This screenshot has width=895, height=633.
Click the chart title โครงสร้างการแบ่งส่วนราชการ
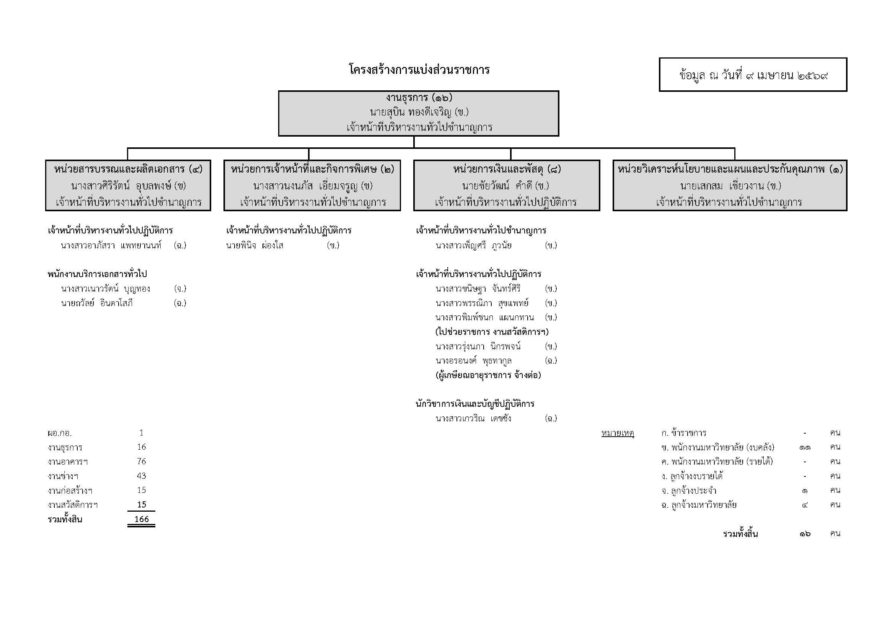coord(419,70)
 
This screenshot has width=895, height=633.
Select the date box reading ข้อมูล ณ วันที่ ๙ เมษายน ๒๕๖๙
coord(753,75)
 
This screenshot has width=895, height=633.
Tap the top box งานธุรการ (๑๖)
coord(418,113)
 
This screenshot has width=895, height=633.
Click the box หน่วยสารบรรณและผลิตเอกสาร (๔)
coord(128,186)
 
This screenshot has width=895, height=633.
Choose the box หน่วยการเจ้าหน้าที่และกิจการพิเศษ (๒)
coord(312,186)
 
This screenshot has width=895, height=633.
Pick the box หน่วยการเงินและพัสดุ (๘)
coord(506,186)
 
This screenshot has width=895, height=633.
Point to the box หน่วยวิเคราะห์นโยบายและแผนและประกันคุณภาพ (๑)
coord(730,186)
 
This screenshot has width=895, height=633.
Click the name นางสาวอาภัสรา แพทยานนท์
coord(111,246)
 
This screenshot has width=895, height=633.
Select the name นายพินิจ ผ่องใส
coord(254,246)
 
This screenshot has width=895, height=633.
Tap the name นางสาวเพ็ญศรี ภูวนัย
coord(473,246)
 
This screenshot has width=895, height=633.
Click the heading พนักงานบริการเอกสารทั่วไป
coord(97,274)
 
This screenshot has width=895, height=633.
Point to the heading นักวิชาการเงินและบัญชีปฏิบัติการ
coord(475,404)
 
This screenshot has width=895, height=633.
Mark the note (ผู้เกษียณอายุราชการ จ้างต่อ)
coord(488,375)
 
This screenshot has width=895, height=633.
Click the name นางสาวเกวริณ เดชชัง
coord(473,419)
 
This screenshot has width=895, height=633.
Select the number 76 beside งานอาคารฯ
coord(142,462)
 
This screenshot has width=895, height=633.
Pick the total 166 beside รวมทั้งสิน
coord(142,519)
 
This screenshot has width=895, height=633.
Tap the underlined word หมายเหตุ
coord(618,433)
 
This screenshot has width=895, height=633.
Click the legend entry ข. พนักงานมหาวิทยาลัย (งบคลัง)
coord(717,447)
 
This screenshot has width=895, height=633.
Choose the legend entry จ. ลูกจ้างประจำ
coord(689,490)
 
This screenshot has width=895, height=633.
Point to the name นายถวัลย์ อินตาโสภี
coord(97,303)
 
